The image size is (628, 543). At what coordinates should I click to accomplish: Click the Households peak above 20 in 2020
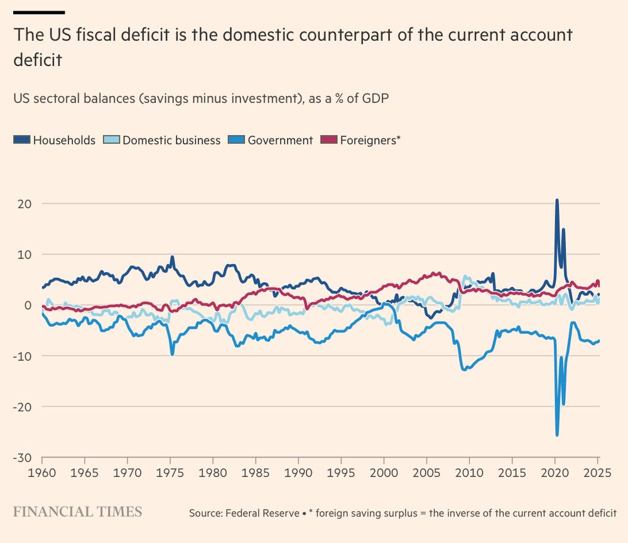click(x=556, y=200)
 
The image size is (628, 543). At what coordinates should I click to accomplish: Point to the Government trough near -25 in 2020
click(x=557, y=434)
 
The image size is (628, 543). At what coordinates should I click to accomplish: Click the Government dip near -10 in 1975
click(x=172, y=354)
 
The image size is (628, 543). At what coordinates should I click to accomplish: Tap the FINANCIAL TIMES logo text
click(x=77, y=512)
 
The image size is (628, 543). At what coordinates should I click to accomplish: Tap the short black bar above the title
click(x=39, y=12)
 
